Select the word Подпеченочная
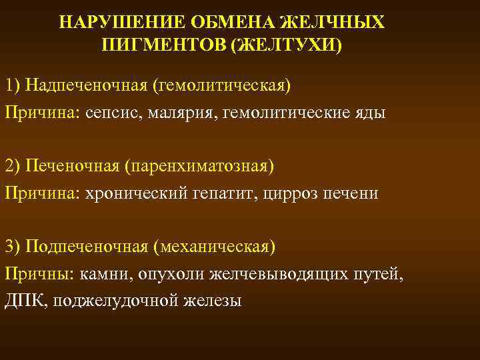pyautogui.click(x=87, y=247)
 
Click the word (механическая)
pyautogui.click(x=213, y=247)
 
